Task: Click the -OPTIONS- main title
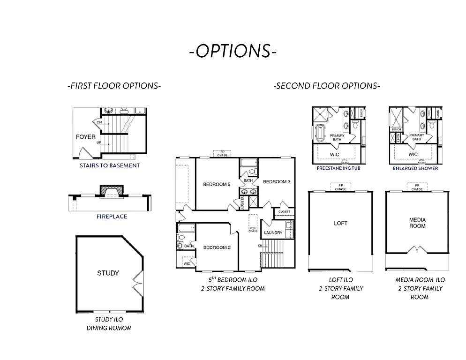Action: (233, 51)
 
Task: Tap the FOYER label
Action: (86, 137)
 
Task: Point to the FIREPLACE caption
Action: (112, 217)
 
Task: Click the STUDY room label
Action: (108, 273)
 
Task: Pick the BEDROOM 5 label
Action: (217, 184)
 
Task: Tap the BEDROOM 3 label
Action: (277, 181)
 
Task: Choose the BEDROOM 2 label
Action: (217, 247)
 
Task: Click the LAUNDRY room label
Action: (273, 233)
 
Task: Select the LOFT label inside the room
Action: (340, 223)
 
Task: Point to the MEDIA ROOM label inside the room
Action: (417, 223)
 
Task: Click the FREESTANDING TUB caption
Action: (338, 168)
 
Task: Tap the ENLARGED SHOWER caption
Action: (416, 168)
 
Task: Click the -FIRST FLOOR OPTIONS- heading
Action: (114, 86)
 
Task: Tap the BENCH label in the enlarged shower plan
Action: (396, 129)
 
